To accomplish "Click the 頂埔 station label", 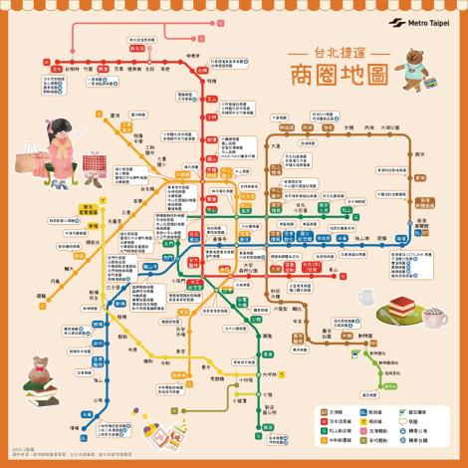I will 96,418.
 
